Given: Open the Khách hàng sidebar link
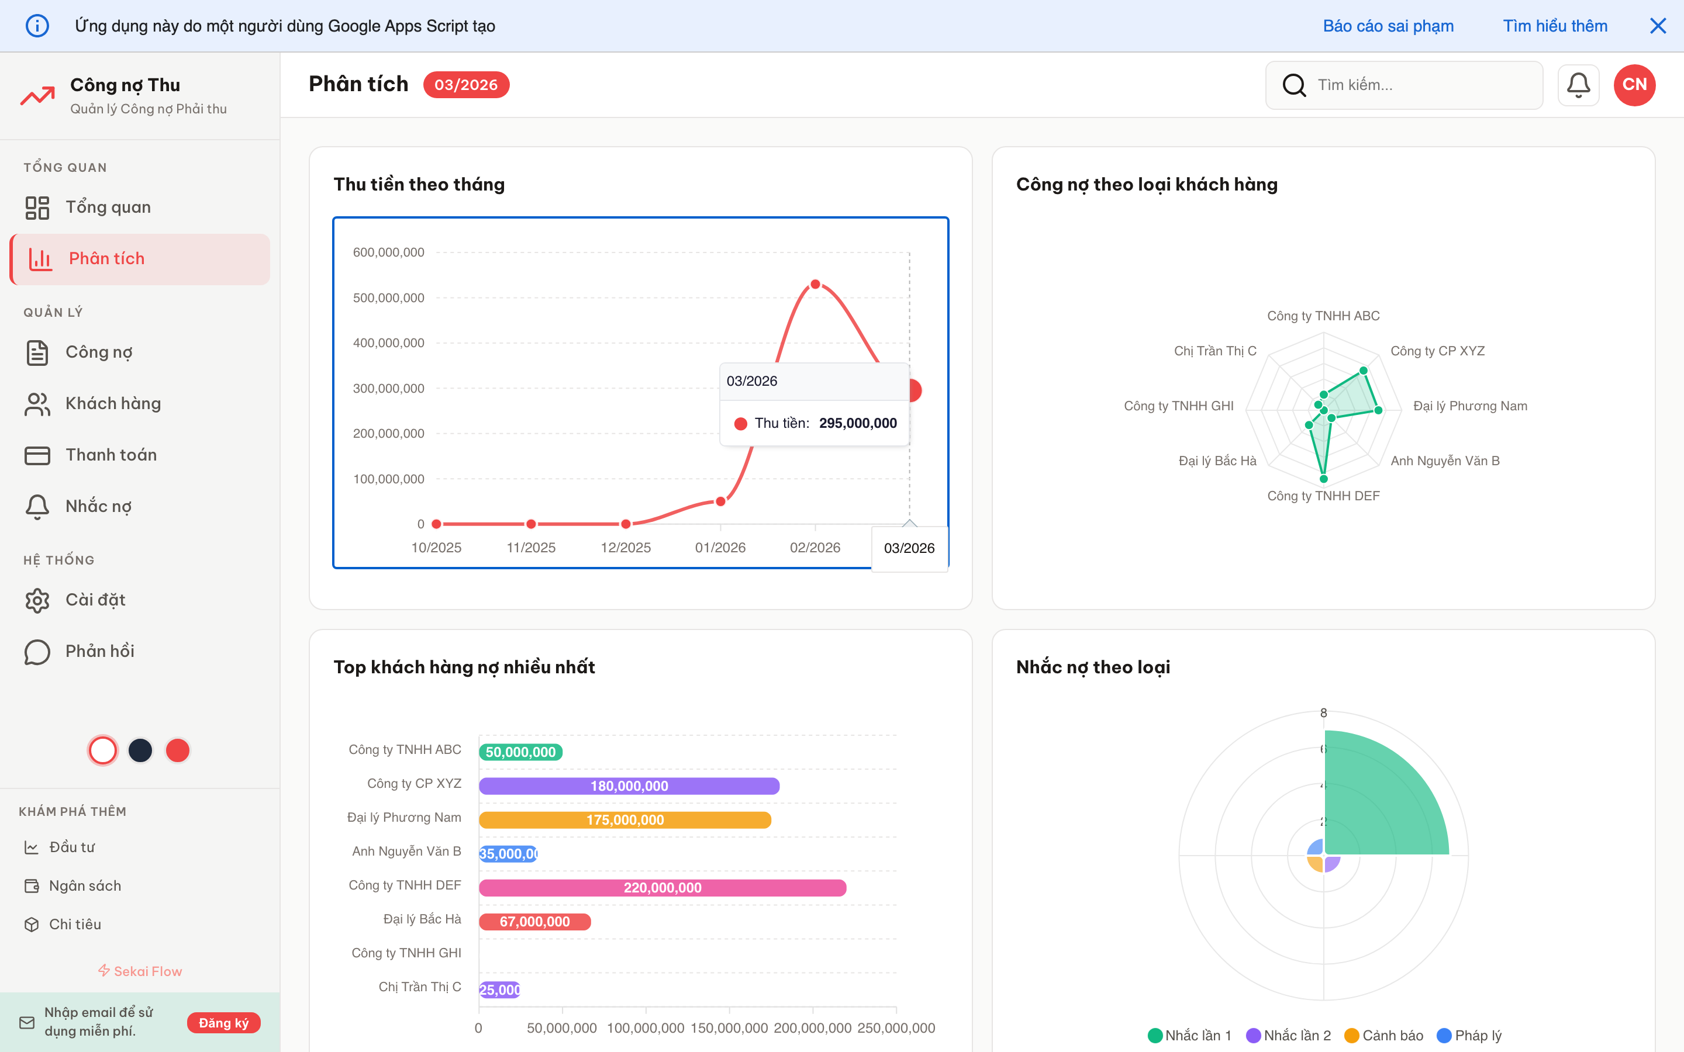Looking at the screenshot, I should tap(113, 403).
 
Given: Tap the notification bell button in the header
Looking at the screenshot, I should tap(1578, 85).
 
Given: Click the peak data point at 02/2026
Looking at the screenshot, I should tap(815, 284).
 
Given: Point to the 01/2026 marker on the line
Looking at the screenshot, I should tap(720, 501).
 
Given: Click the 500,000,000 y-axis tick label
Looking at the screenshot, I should tap(388, 298).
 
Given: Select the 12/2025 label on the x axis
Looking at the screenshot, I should tap(626, 548).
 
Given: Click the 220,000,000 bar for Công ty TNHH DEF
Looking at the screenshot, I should tap(662, 888).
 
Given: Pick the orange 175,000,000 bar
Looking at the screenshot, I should tap(625, 819).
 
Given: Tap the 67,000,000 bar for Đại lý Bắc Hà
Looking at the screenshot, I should tap(534, 922).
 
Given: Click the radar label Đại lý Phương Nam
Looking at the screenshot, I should tap(1469, 406).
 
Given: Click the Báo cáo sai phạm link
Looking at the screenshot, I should tap(1388, 26).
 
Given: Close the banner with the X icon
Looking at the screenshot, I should tap(1658, 26).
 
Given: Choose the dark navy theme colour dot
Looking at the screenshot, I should tap(140, 750).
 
